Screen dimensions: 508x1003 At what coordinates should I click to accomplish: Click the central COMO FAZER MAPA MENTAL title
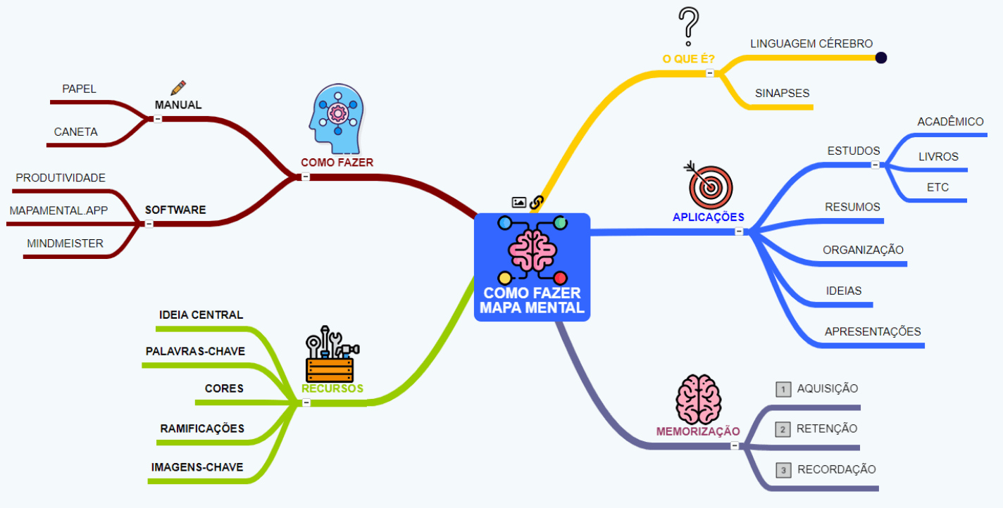tap(532, 300)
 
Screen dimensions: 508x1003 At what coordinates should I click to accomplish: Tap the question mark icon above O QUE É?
tap(688, 27)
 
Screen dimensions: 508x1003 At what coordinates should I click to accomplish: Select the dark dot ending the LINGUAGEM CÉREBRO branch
tap(880, 58)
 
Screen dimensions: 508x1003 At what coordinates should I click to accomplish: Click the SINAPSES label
tap(782, 93)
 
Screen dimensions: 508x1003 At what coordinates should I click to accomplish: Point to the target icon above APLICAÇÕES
tap(710, 185)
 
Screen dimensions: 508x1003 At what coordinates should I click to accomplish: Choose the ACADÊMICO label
tap(950, 122)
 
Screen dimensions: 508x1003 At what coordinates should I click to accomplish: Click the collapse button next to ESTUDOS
tap(875, 165)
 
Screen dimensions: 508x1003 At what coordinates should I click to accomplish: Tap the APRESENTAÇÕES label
tap(872, 331)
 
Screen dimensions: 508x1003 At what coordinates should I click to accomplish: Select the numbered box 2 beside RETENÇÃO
tap(783, 429)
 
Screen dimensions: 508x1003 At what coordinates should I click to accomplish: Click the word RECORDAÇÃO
tap(836, 469)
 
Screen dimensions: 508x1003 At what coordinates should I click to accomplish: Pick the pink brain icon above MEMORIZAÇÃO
tap(698, 399)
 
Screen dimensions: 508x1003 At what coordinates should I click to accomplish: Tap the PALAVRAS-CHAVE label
tap(195, 351)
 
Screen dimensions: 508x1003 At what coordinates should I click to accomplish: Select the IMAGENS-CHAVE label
tap(197, 467)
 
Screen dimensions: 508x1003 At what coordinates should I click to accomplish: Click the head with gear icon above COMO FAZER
tap(337, 119)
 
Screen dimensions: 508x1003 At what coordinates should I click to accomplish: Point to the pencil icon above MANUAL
tap(178, 88)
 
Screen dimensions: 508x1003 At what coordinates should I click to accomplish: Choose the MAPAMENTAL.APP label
tap(58, 210)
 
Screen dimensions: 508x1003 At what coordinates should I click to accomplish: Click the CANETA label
tap(76, 132)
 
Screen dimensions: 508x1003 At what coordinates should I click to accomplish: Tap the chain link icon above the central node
tap(537, 203)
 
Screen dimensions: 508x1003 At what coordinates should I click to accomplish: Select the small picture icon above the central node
tap(519, 203)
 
